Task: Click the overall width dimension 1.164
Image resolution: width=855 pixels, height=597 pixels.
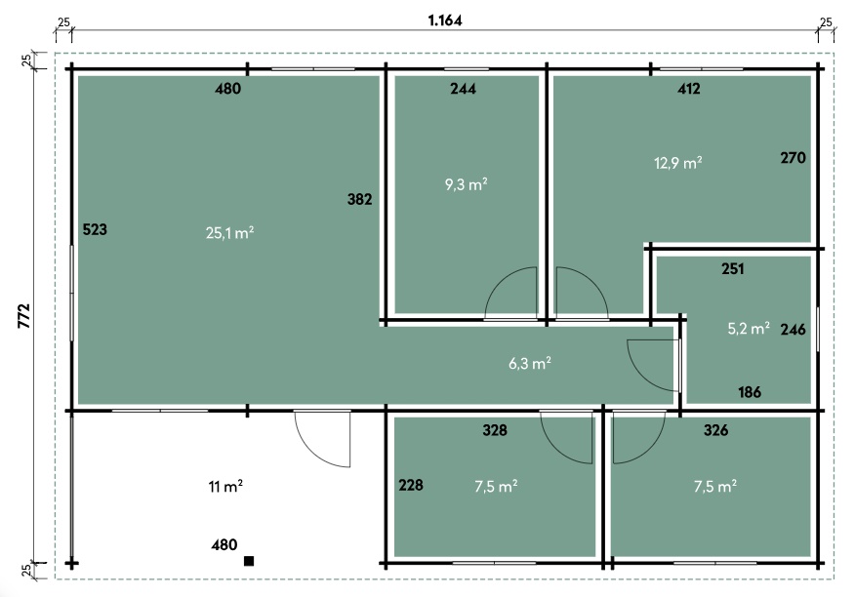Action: click(x=445, y=20)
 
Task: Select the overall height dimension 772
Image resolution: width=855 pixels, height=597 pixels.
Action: click(x=24, y=316)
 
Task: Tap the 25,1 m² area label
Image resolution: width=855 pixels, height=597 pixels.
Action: click(x=229, y=233)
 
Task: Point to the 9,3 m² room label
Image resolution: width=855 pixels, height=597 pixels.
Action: click(x=467, y=184)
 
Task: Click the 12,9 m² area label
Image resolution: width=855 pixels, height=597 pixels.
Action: click(x=677, y=163)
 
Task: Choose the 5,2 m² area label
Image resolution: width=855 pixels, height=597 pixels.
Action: click(x=749, y=328)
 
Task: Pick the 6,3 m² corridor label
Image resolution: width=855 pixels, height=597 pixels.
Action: click(x=529, y=363)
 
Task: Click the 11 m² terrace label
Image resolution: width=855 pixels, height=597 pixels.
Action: click(x=225, y=486)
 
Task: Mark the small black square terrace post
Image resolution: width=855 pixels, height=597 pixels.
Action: click(x=249, y=561)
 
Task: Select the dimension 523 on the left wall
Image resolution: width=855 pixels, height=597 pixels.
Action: click(x=95, y=229)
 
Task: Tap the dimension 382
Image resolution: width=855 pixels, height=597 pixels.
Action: click(x=360, y=199)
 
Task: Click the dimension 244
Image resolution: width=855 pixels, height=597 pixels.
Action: click(x=463, y=89)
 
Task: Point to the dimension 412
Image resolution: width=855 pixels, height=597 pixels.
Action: click(x=689, y=89)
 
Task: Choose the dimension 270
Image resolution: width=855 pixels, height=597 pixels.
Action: click(x=793, y=158)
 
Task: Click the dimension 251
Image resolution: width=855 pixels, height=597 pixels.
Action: click(x=733, y=268)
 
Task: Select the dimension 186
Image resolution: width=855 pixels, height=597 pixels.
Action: click(x=750, y=392)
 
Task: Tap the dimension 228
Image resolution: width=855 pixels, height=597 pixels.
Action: click(x=411, y=485)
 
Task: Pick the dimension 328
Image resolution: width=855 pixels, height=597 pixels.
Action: click(x=495, y=430)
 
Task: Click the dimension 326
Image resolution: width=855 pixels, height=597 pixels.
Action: click(x=716, y=430)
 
